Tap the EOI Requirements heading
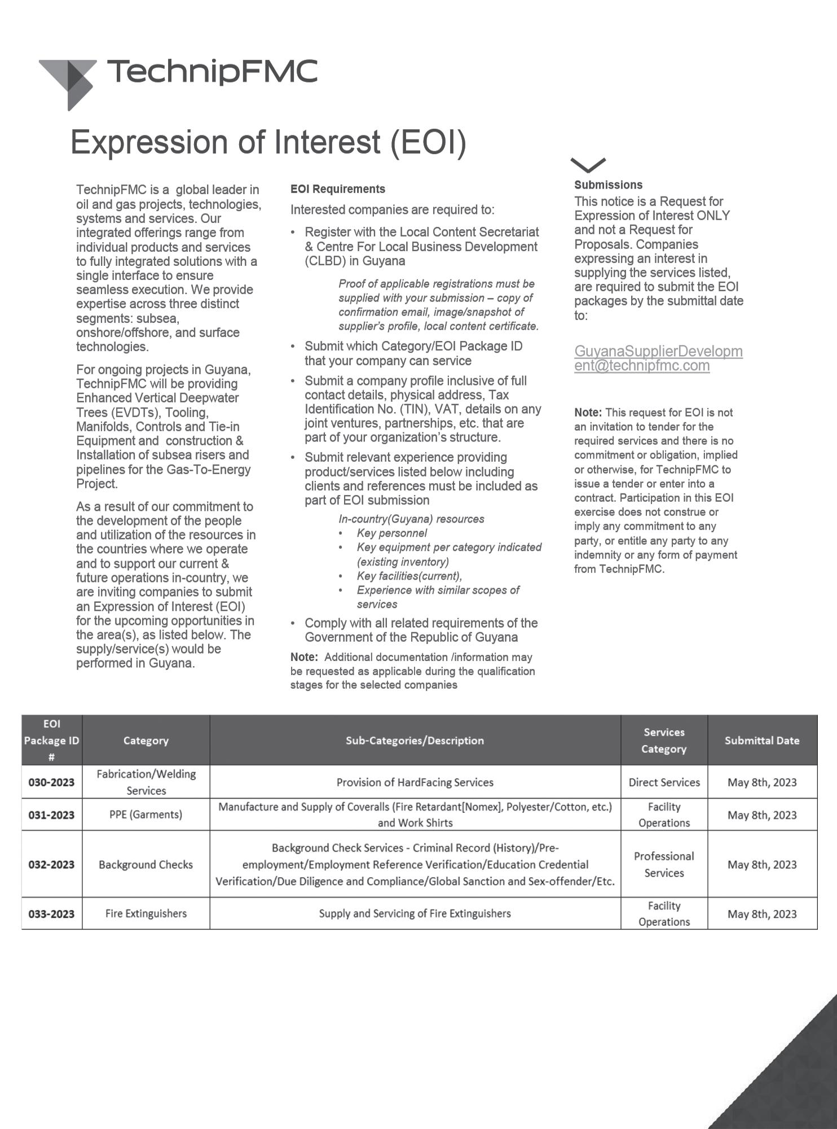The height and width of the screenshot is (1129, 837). (338, 189)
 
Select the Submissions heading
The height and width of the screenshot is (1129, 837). (608, 185)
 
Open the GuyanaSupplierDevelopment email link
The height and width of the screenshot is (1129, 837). (658, 358)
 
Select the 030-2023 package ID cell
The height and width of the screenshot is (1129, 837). (51, 782)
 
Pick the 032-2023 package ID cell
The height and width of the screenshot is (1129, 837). (51, 864)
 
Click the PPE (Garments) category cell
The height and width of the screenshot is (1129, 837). (146, 815)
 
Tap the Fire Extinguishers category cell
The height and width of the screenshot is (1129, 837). (146, 913)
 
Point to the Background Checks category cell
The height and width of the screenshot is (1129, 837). (146, 864)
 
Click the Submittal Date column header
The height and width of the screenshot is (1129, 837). (761, 741)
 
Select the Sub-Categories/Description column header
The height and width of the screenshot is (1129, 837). (415, 741)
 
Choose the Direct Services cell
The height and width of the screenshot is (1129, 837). (664, 782)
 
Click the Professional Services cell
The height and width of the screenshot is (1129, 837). (664, 864)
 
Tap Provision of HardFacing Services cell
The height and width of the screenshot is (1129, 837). (415, 782)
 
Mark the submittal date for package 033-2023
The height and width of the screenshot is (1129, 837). (761, 914)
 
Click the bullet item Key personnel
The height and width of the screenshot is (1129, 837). (391, 533)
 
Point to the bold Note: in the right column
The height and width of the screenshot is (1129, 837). (588, 413)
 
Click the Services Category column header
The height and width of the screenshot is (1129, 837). (664, 741)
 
